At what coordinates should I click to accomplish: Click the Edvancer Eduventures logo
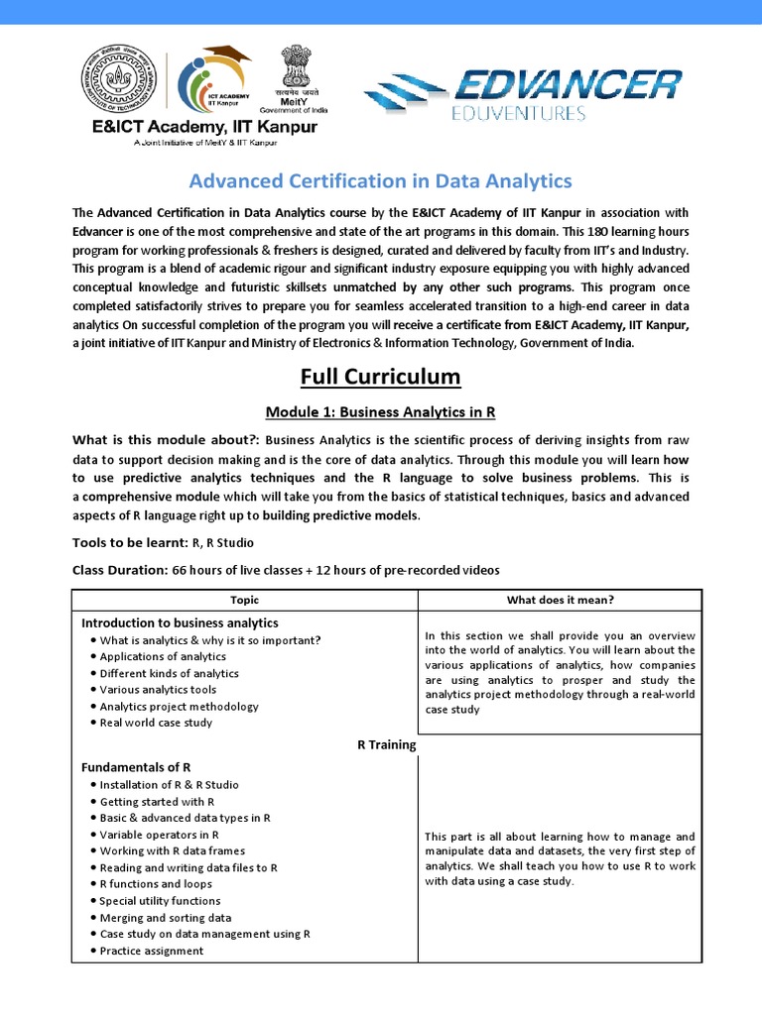pyautogui.click(x=523, y=92)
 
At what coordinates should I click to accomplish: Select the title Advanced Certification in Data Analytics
pyautogui.click(x=380, y=180)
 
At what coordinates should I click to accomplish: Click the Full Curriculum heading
pyautogui.click(x=381, y=377)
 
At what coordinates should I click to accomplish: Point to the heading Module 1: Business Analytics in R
pyautogui.click(x=381, y=411)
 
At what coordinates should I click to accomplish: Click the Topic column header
pyautogui.click(x=244, y=600)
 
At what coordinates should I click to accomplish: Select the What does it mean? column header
pyautogui.click(x=560, y=600)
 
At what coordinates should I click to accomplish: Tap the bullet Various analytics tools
pyautogui.click(x=158, y=690)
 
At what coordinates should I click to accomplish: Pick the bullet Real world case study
pyautogui.click(x=156, y=723)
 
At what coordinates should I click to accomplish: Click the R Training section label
pyautogui.click(x=386, y=744)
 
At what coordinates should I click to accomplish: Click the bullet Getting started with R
pyautogui.click(x=157, y=801)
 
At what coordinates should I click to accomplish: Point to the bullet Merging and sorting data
pyautogui.click(x=165, y=918)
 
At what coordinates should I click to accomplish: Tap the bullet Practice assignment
pyautogui.click(x=152, y=951)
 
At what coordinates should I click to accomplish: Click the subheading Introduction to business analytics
pyautogui.click(x=180, y=622)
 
